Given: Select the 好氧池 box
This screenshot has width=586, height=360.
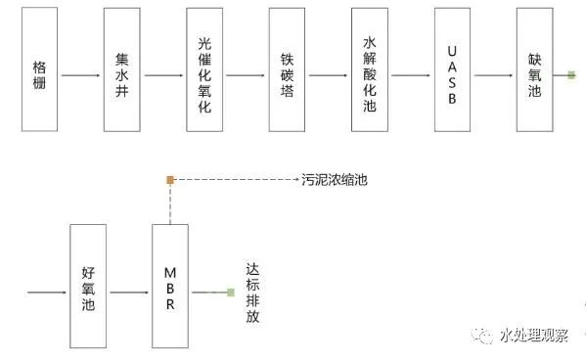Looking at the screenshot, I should tap(87, 291).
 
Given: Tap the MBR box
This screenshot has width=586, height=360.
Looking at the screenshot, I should tap(169, 291).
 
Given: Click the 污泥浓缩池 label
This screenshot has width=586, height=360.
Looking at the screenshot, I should tap(335, 180).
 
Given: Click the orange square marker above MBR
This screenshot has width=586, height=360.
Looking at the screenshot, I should tap(169, 180).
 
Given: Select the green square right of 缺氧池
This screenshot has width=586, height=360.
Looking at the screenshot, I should tap(570, 73).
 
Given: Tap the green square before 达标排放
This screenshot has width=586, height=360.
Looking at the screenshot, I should tap(230, 292).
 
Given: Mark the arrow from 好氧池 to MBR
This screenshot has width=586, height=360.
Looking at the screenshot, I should tap(128, 292).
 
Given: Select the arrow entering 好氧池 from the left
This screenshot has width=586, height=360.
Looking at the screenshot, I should tap(47, 292).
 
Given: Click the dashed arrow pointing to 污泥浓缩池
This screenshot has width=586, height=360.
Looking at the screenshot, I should tap(235, 180).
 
